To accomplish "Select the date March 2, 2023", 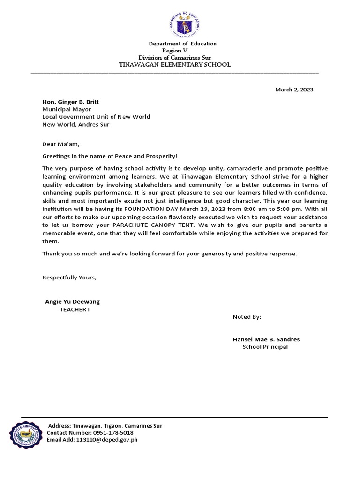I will (x=294, y=90).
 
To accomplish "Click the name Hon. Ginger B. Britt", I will (x=71, y=102).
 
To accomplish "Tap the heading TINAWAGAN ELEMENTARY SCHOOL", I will (x=175, y=65).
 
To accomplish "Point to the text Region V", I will (x=174, y=51).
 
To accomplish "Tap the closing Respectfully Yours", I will (x=69, y=277).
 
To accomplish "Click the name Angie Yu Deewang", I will (x=72, y=302).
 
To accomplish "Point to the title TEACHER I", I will (x=74, y=309).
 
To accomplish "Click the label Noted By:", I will (x=247, y=317).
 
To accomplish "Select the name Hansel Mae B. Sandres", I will (x=266, y=339).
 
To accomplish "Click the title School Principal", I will (x=265, y=347).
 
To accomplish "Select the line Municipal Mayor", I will (x=67, y=109).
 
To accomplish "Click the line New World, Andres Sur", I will (x=76, y=124).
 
